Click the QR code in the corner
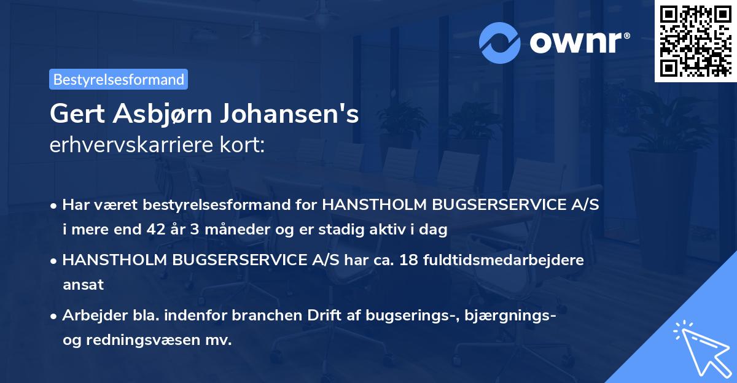[695, 41]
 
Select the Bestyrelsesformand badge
[119, 79]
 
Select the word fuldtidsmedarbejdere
[504, 260]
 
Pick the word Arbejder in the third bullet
[89, 315]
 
